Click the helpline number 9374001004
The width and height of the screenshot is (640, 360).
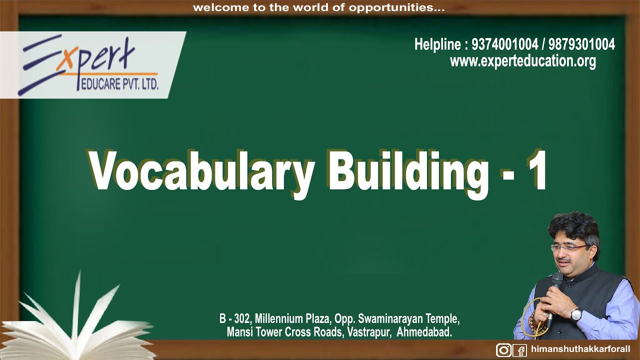pyautogui.click(x=504, y=45)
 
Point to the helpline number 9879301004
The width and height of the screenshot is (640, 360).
pyautogui.click(x=581, y=45)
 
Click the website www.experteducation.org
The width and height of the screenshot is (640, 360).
pyautogui.click(x=522, y=61)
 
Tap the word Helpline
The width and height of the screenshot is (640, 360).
pyautogui.click(x=437, y=45)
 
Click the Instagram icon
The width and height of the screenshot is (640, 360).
pyautogui.click(x=503, y=350)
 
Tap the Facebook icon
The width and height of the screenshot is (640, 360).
pyautogui.click(x=520, y=350)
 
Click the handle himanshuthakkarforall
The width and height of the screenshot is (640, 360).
pyautogui.click(x=580, y=348)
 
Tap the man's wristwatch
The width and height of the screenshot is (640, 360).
pyautogui.click(x=576, y=314)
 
